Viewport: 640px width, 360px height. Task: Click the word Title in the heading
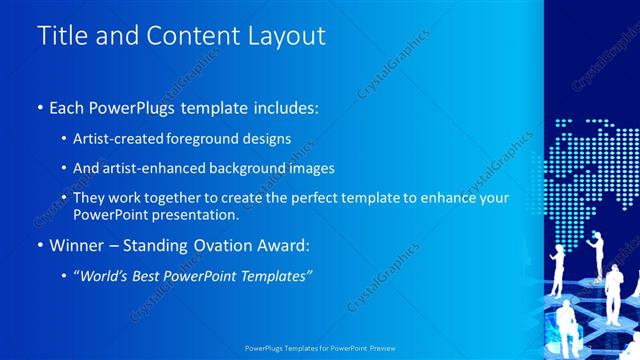tap(61, 36)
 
